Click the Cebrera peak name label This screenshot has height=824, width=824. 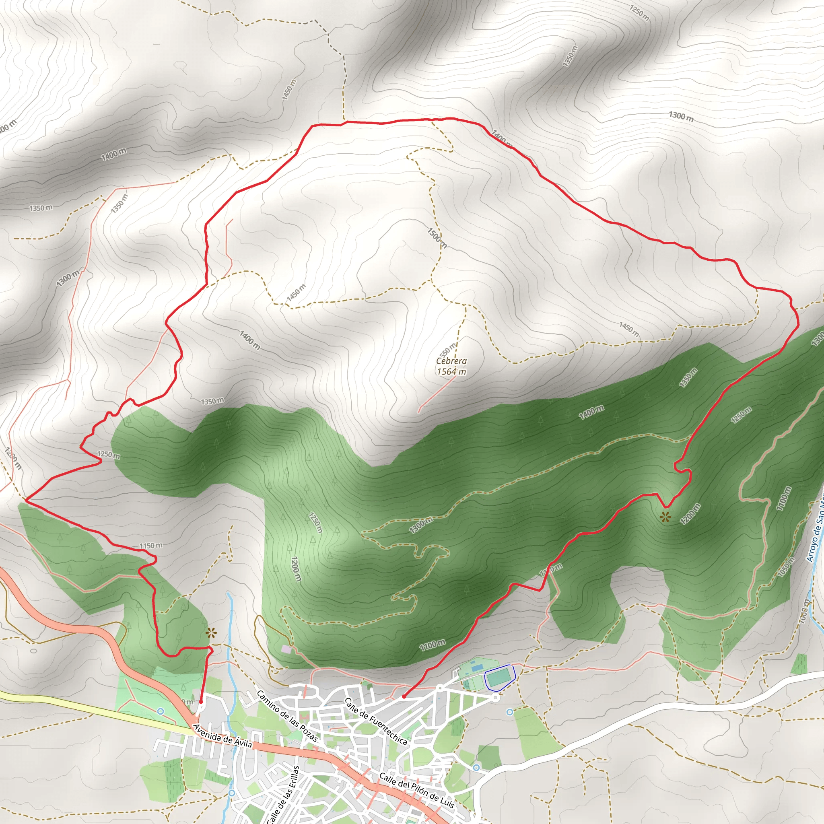tap(451, 361)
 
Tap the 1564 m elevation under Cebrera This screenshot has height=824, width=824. tap(451, 371)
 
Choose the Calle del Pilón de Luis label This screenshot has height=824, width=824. tap(416, 790)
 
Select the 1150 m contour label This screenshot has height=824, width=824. tap(151, 546)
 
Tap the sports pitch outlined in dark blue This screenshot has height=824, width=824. tap(500, 677)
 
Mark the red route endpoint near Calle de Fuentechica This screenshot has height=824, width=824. tap(404, 697)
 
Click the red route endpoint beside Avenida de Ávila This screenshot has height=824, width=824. tap(200, 701)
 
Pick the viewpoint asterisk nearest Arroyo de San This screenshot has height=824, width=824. tap(665, 518)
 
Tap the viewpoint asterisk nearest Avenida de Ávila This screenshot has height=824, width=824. tap(210, 632)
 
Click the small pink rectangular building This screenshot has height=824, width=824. tap(286, 649)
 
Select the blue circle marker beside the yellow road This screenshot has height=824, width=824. tap(161, 711)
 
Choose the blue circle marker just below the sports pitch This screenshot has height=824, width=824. tap(510, 712)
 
